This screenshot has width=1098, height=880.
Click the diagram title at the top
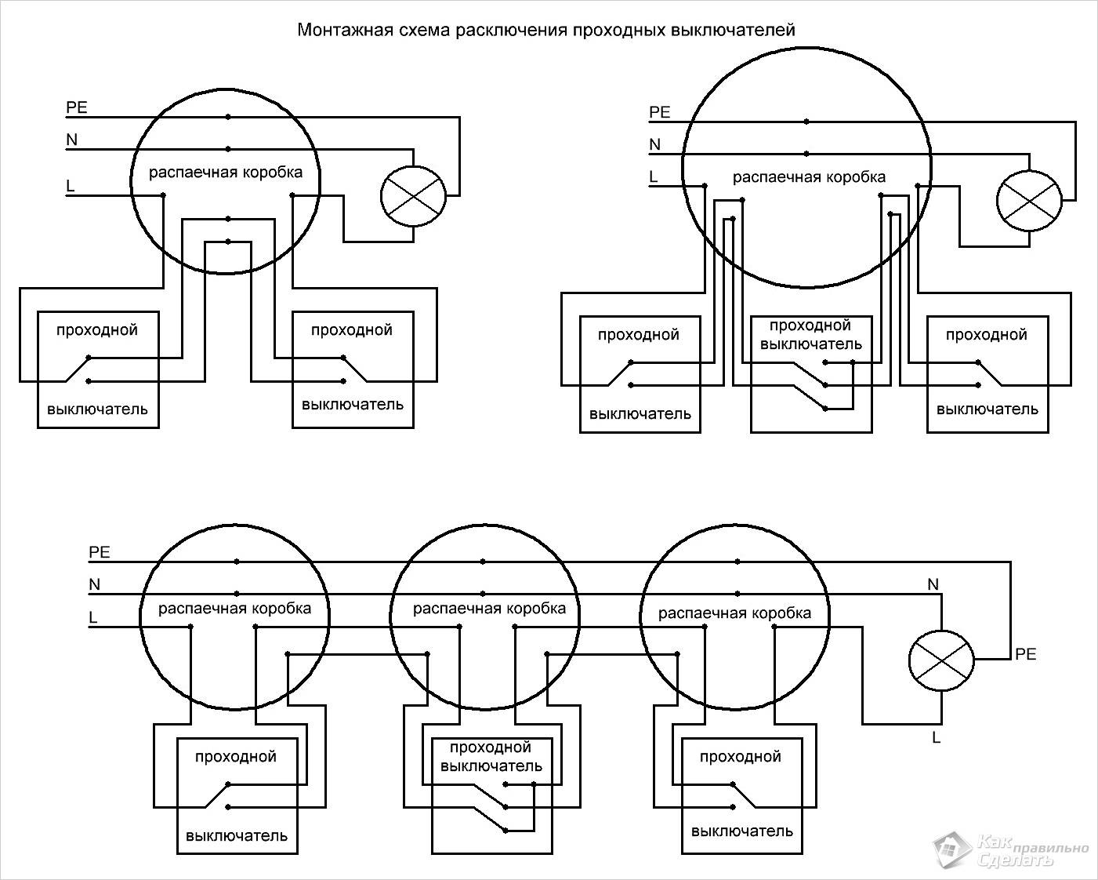coord(545,31)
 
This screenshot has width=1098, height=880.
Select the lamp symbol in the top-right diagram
coord(1029,201)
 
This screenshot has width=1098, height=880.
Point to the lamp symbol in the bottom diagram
coord(941,660)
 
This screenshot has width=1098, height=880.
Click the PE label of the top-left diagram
coord(77,107)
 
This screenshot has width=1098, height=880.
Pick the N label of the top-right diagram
coord(655,144)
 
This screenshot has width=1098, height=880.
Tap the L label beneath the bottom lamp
coord(936,737)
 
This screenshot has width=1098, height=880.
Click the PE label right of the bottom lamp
coord(1025,653)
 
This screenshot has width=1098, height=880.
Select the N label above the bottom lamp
coord(933,584)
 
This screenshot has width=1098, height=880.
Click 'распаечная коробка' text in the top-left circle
coord(226,173)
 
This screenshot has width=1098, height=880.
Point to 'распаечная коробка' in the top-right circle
coord(809,177)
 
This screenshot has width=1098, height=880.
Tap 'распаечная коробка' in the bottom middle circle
coord(489,609)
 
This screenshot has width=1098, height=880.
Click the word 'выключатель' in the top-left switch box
coord(97,409)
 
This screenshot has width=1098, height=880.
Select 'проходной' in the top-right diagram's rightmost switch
coord(986,335)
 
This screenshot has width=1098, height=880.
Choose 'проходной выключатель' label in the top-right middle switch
coord(810,335)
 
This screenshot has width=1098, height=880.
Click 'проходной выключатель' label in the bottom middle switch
coord(491,757)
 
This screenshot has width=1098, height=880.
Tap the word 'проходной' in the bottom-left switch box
coord(236,757)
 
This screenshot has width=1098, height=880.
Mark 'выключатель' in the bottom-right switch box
coord(741,831)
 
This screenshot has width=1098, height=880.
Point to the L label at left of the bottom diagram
coord(93,618)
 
